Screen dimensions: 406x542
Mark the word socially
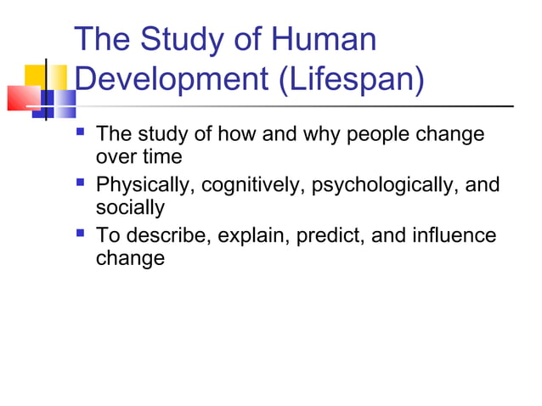click(x=130, y=207)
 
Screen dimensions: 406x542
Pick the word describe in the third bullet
click(x=168, y=234)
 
